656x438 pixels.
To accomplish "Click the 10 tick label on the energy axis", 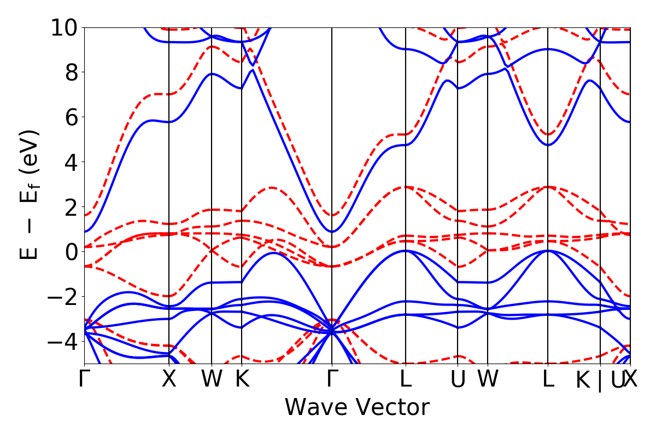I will (x=65, y=27).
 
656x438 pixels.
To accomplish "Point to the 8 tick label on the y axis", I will (x=71, y=72).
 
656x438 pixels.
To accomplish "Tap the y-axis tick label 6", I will (x=71, y=117).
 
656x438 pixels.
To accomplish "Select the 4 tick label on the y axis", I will (x=71, y=162).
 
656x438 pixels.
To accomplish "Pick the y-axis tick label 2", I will (x=71, y=207).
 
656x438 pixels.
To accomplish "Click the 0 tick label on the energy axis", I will (x=71, y=252).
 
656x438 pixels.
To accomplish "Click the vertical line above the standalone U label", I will (x=458, y=164).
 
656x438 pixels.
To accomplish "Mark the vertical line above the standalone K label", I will (x=242, y=164).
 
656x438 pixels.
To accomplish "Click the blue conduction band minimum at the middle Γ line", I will (x=332, y=232).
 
